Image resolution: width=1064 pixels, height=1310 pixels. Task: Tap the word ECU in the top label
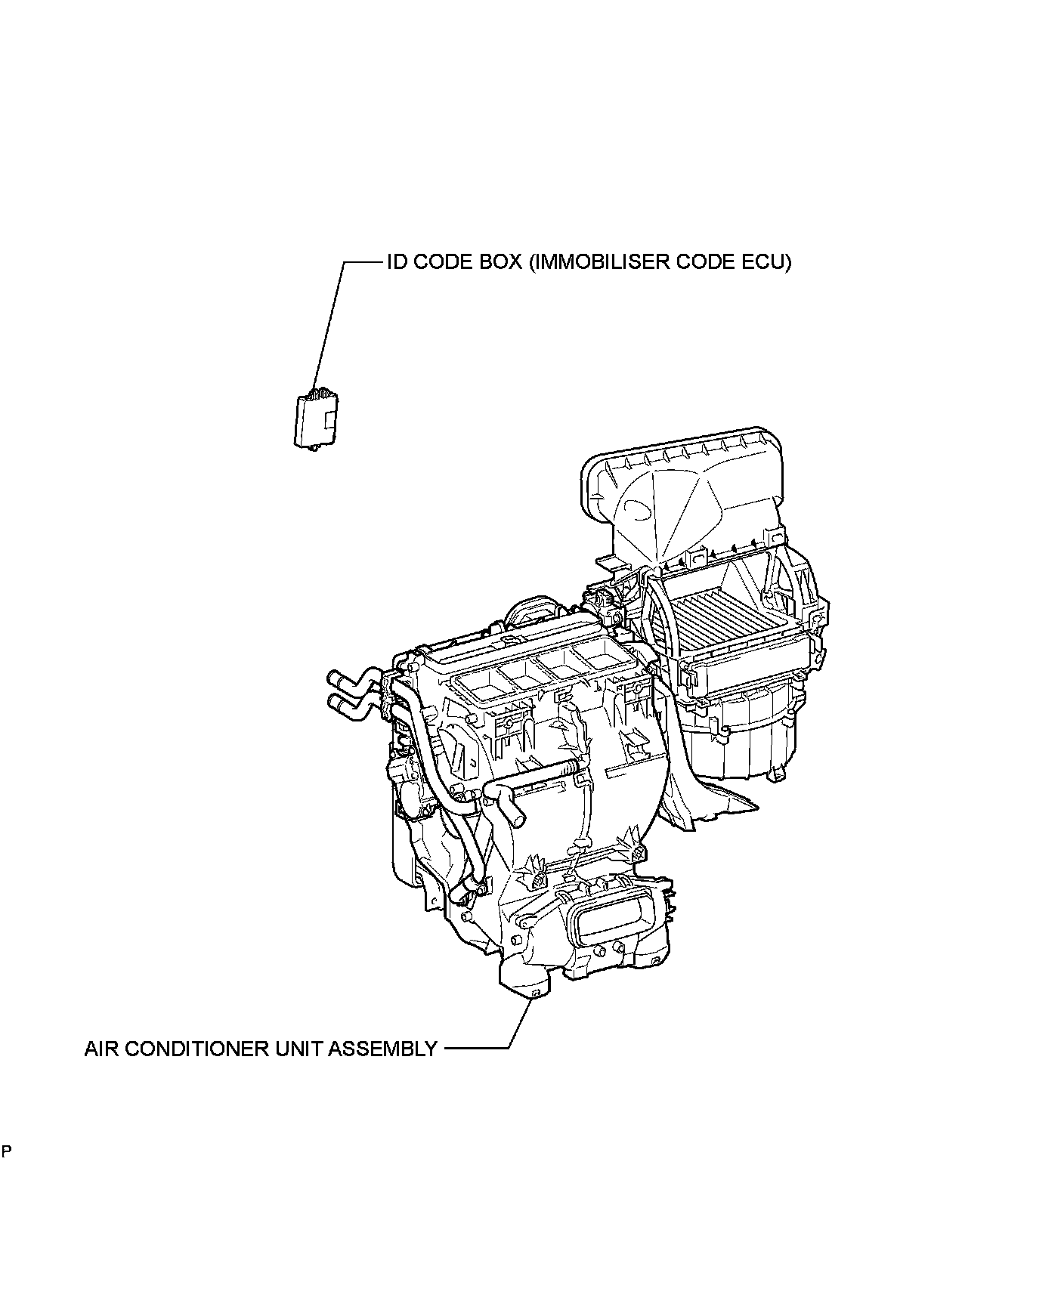pos(767,262)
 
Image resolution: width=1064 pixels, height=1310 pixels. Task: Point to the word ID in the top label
pos(395,262)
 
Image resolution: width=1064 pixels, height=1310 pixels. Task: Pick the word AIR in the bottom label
pos(101,1049)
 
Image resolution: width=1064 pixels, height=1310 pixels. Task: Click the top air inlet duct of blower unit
pos(680,491)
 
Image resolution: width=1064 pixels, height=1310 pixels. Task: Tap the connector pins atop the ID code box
pos(320,392)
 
